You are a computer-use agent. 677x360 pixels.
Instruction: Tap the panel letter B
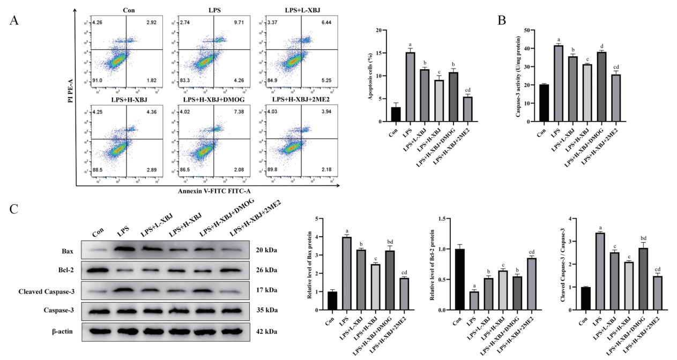pos(502,20)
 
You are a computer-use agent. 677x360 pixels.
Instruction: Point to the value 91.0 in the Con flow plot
pos(97,80)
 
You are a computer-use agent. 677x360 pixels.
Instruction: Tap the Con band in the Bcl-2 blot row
pos(98,269)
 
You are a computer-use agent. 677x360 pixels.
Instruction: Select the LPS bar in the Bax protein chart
pos(346,273)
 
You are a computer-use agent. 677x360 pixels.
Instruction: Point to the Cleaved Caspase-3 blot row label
pos(49,290)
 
